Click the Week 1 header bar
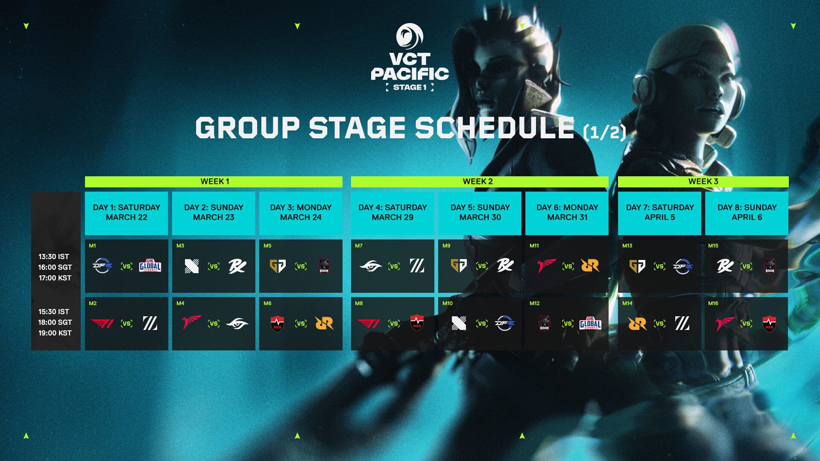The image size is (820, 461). [214, 181]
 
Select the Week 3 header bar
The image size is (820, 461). [703, 181]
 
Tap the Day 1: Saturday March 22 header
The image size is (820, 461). [126, 213]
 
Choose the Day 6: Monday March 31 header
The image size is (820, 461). [567, 213]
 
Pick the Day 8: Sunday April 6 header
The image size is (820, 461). [747, 213]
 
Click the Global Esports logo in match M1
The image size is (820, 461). [150, 266]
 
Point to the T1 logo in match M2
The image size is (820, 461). [102, 324]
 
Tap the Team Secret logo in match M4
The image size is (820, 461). [237, 324]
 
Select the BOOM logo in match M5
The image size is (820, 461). [324, 266]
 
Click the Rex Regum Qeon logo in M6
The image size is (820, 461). [324, 324]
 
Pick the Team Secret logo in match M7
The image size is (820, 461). [371, 266]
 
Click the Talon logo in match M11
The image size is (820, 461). [547, 266]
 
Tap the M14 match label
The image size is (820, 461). [627, 303]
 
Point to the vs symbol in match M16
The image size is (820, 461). [747, 324]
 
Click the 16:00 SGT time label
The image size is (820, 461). [55, 267]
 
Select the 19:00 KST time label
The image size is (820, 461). [55, 333]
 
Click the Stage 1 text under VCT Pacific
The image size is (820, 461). [410, 88]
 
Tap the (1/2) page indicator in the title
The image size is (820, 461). [604, 132]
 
